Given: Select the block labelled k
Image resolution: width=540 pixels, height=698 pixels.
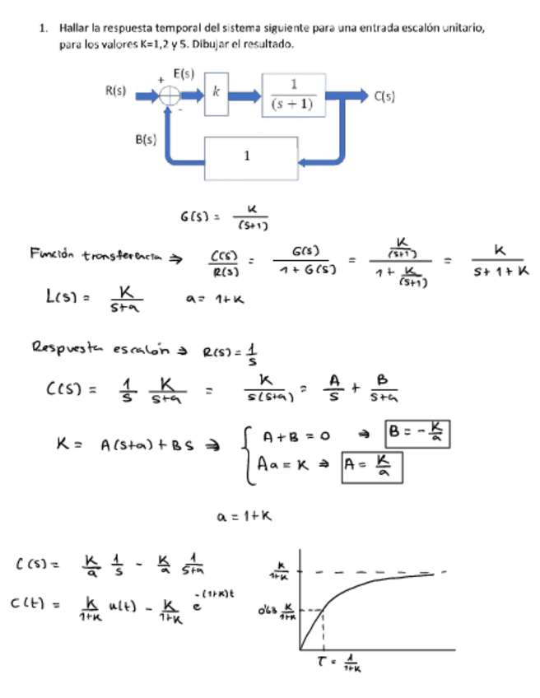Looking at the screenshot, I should click(216, 95).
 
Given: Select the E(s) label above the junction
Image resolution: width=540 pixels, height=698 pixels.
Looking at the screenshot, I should click(184, 73).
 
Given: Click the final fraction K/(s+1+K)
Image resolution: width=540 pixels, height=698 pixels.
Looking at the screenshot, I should click(499, 258).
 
